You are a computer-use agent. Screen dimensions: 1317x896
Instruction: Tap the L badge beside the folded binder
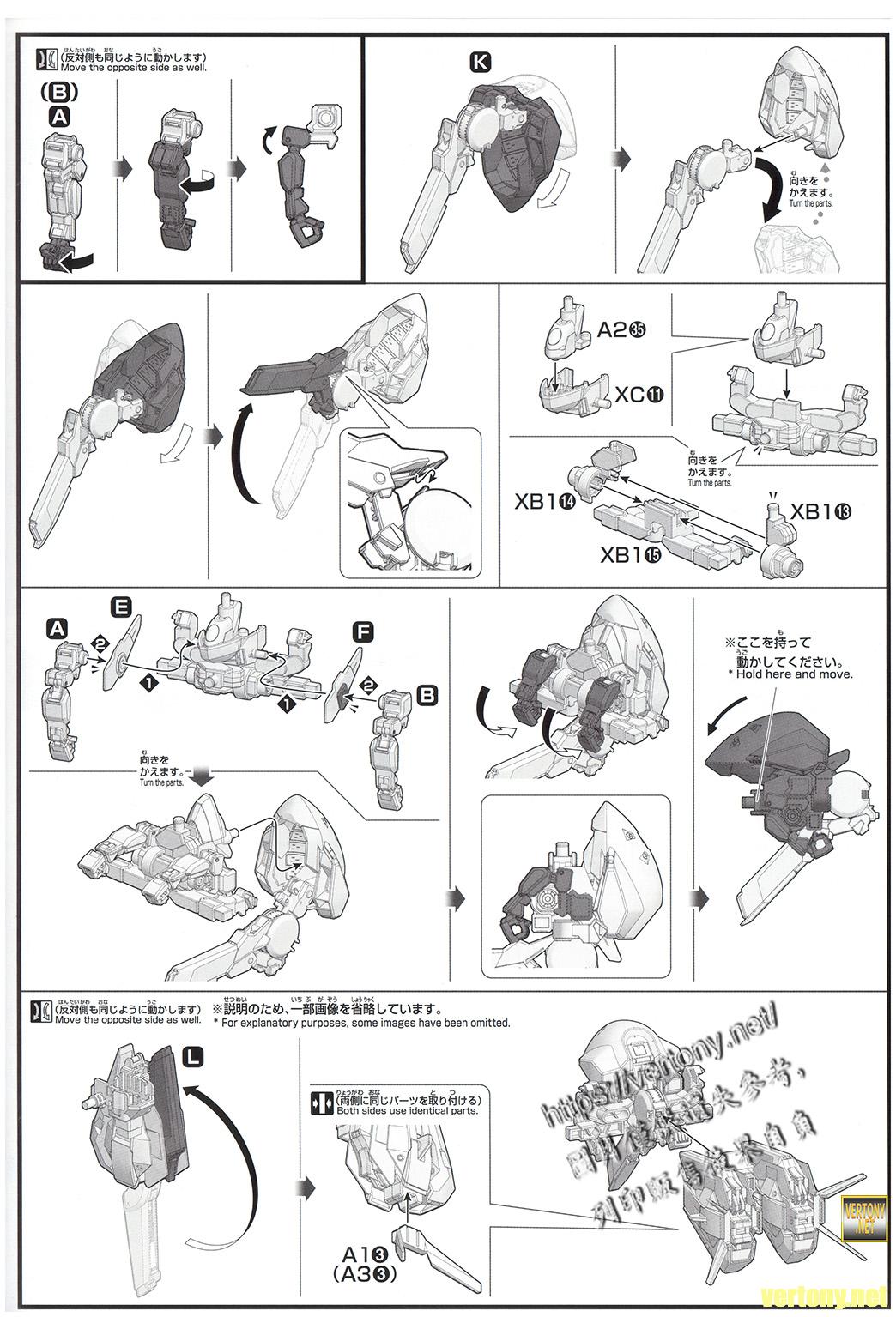pyautogui.click(x=193, y=1058)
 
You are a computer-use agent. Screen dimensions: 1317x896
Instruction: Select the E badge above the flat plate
pyautogui.click(x=121, y=607)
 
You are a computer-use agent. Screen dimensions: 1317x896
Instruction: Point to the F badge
pyautogui.click(x=362, y=633)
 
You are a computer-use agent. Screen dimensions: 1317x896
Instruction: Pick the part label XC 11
pyautogui.click(x=639, y=395)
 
